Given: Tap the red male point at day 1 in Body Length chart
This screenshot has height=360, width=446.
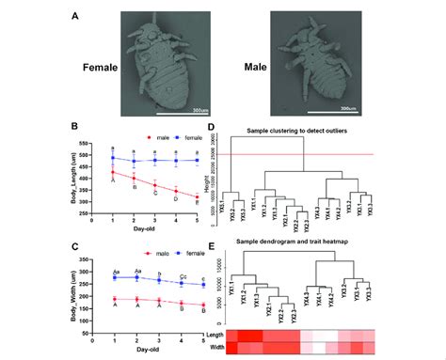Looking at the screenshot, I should tap(113, 173).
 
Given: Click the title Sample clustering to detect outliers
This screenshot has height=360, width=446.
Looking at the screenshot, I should tap(306, 129).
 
